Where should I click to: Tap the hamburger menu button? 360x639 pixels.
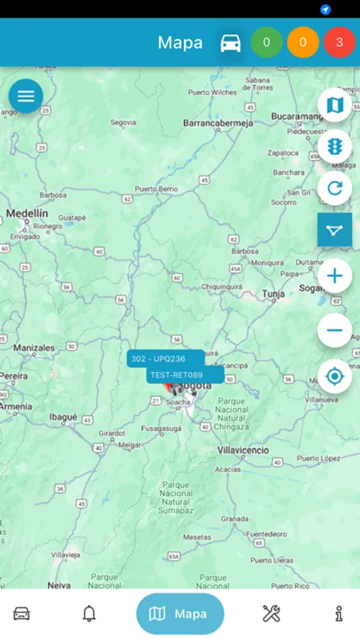pyautogui.click(x=26, y=97)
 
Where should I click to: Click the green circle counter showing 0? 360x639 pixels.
pyautogui.click(x=266, y=43)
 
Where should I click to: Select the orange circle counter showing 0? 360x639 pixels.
pyautogui.click(x=303, y=43)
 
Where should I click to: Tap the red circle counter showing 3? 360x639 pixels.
pyautogui.click(x=339, y=43)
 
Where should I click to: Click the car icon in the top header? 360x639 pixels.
pyautogui.click(x=230, y=43)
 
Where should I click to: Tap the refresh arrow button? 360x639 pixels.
pyautogui.click(x=334, y=189)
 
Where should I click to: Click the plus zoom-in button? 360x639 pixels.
pyautogui.click(x=334, y=275)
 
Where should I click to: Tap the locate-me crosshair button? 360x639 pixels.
pyautogui.click(x=334, y=376)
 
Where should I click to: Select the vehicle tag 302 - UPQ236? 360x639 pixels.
pyautogui.click(x=158, y=359)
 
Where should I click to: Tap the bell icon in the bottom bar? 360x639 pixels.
pyautogui.click(x=89, y=613)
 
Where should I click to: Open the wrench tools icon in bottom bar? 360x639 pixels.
pyautogui.click(x=271, y=613)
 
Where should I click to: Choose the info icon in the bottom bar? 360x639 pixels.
pyautogui.click(x=339, y=613)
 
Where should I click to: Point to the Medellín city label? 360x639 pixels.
pyautogui.click(x=27, y=213)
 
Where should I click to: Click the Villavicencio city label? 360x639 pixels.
pyautogui.click(x=243, y=450)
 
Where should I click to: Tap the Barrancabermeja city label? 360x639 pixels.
pyautogui.click(x=218, y=123)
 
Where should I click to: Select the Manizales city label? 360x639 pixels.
pyautogui.click(x=34, y=348)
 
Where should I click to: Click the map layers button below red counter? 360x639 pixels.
pyautogui.click(x=334, y=105)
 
